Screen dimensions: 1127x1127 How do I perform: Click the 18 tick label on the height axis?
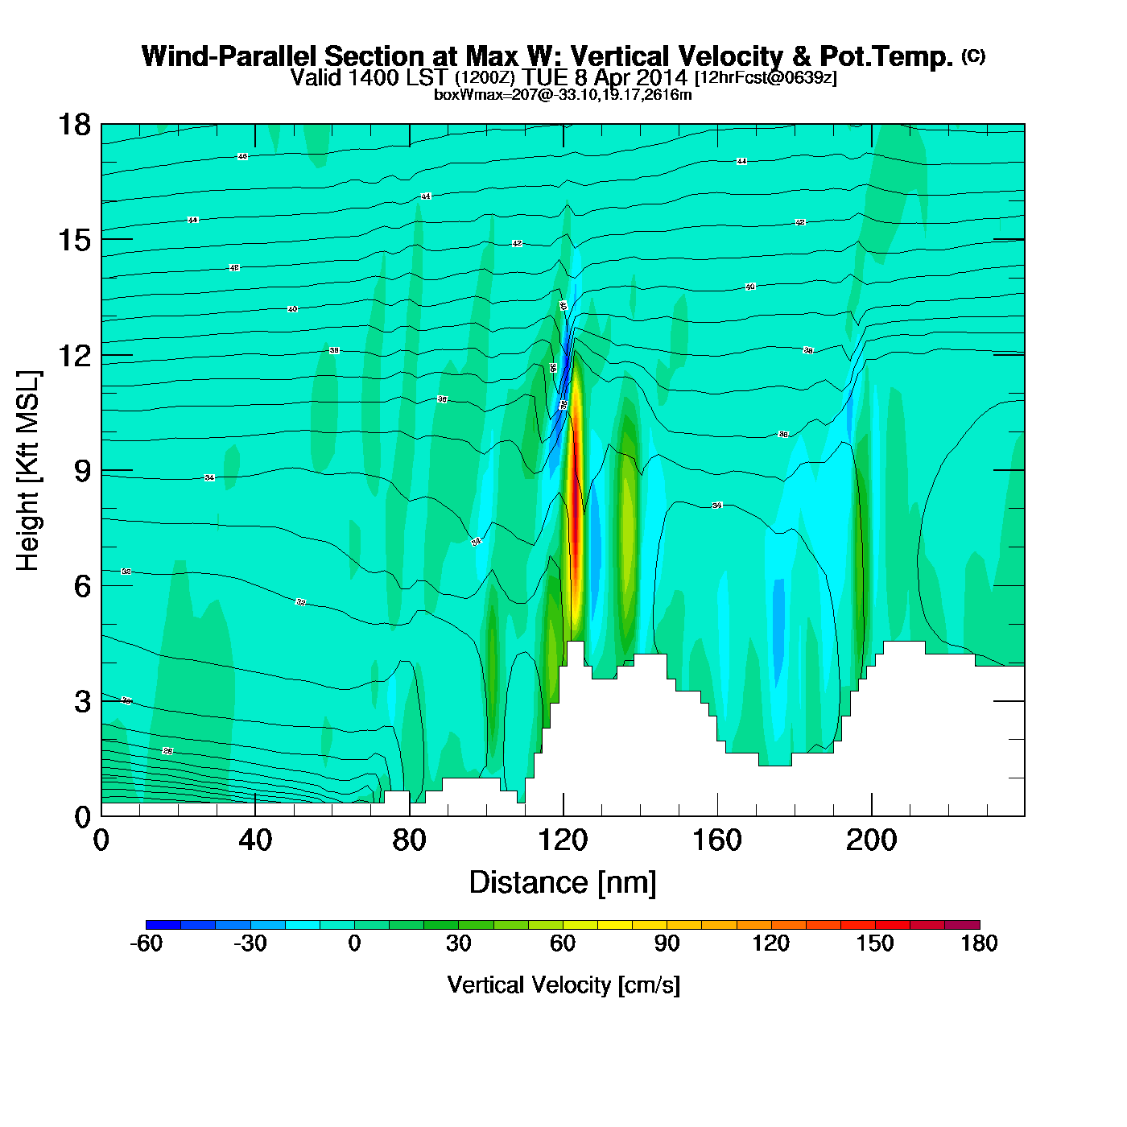click(x=74, y=125)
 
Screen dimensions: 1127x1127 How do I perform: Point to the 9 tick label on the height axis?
click(x=83, y=471)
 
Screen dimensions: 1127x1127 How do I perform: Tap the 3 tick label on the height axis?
click(x=83, y=702)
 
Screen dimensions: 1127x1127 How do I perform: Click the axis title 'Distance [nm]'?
click(x=563, y=883)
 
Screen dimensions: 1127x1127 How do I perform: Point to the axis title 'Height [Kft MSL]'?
click(x=28, y=471)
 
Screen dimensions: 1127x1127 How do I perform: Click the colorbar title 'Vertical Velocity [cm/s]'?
click(x=563, y=985)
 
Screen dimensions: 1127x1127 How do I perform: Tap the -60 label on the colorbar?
click(x=146, y=943)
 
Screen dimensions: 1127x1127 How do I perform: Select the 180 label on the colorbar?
click(x=979, y=943)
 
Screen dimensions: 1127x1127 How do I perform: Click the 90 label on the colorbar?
click(x=667, y=943)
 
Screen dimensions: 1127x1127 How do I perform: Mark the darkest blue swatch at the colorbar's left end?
click(x=163, y=924)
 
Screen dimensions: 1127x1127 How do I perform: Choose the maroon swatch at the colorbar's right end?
click(x=962, y=924)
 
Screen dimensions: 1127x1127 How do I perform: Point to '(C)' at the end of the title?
click(x=973, y=56)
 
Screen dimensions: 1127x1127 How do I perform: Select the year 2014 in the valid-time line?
click(x=661, y=77)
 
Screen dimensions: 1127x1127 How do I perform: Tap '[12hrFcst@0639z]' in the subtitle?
click(x=766, y=77)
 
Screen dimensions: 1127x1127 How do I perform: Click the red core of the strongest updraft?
click(x=576, y=531)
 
